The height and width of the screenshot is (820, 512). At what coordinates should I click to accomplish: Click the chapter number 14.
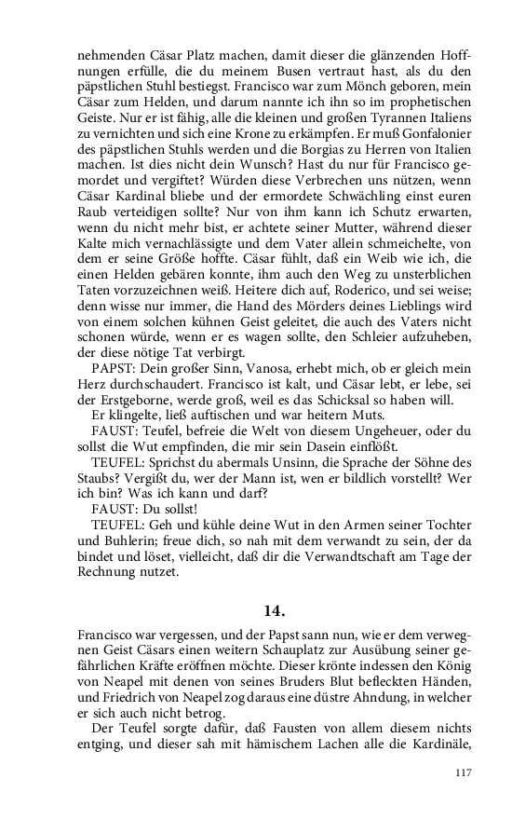point(273,611)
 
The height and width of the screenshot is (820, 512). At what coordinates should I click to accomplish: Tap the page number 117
point(463,772)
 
